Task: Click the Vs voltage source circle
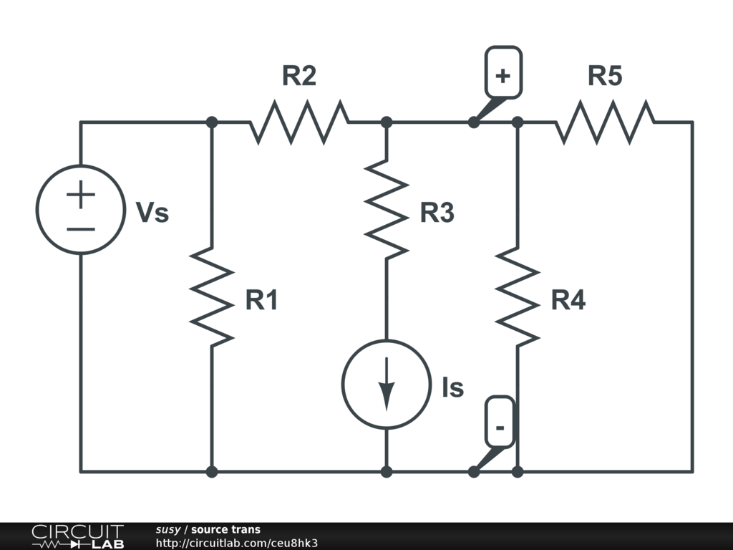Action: tap(80, 209)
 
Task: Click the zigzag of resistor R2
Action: tap(299, 122)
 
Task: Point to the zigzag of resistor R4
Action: tap(517, 295)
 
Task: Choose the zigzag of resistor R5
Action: tap(604, 122)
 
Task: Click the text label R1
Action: tap(261, 301)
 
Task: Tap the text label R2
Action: tap(298, 76)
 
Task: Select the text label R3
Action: tap(437, 213)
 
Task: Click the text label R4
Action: tap(568, 301)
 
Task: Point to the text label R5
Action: tap(605, 76)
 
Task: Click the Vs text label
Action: tap(152, 213)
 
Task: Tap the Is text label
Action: tap(452, 388)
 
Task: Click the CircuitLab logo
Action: tap(77, 536)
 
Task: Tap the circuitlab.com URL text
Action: tap(236, 543)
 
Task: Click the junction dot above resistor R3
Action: tap(387, 122)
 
